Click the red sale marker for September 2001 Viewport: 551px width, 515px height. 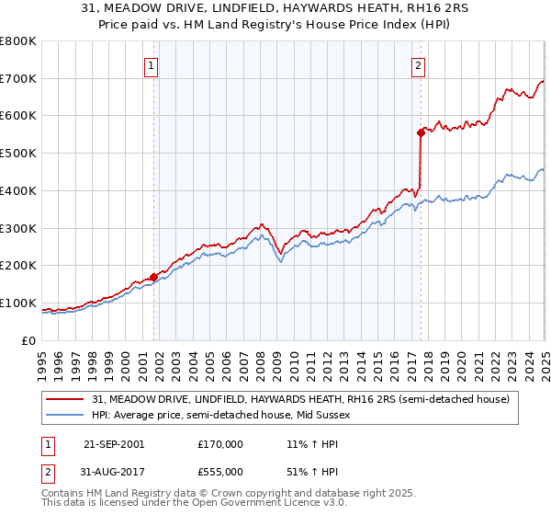153,277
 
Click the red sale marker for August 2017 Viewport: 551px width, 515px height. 421,132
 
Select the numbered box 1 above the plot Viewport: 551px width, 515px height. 150,65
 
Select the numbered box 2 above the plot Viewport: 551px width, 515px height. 418,65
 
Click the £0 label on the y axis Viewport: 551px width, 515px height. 28,340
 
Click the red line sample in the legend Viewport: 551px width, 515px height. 66,399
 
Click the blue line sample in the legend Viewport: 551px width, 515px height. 66,416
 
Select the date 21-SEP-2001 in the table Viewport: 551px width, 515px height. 113,444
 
